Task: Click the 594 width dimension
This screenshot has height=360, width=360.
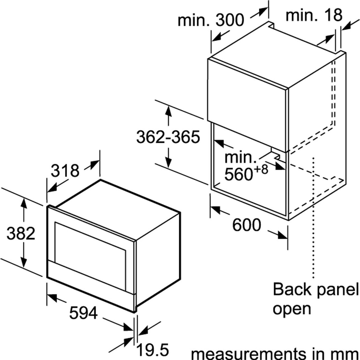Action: click(84, 312)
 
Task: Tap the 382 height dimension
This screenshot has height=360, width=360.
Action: click(21, 233)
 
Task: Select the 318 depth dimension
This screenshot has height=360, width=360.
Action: click(65, 171)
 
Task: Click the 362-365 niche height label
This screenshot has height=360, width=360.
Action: click(168, 137)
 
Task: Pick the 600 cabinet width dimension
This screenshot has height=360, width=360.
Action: click(246, 225)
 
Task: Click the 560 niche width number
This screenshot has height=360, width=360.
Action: click(238, 174)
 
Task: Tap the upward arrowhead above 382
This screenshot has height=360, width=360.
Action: click(24, 203)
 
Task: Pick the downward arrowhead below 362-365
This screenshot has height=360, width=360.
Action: click(168, 162)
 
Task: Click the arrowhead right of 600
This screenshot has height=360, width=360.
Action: click(282, 235)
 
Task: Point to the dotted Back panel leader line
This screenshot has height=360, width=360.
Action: click(314, 220)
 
